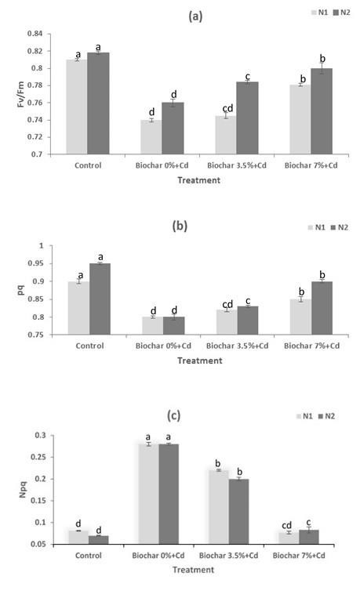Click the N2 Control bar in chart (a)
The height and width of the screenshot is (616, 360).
[x=98, y=103]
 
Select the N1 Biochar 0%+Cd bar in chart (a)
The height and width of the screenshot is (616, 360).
[x=151, y=137]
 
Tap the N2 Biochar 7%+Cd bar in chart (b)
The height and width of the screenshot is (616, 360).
[x=322, y=308]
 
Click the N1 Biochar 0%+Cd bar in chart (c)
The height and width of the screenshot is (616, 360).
[x=148, y=495]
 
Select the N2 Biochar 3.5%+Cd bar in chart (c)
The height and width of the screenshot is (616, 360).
[x=238, y=512]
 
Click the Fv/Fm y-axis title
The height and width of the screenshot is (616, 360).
[x=20, y=94]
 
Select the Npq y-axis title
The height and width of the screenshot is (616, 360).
[x=24, y=490]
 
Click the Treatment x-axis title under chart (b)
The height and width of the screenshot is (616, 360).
[x=200, y=361]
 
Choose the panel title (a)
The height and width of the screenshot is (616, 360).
[x=196, y=16]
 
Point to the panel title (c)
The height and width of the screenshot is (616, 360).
[x=173, y=415]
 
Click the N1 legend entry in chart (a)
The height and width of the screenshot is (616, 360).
[x=319, y=13]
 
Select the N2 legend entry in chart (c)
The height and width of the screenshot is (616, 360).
[x=326, y=416]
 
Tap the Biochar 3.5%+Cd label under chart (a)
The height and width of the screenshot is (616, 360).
[x=237, y=165]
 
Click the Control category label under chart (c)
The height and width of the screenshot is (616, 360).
[x=89, y=556]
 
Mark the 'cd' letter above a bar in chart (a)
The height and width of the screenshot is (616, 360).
[x=227, y=108]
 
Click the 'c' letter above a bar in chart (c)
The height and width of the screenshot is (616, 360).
[x=308, y=523]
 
